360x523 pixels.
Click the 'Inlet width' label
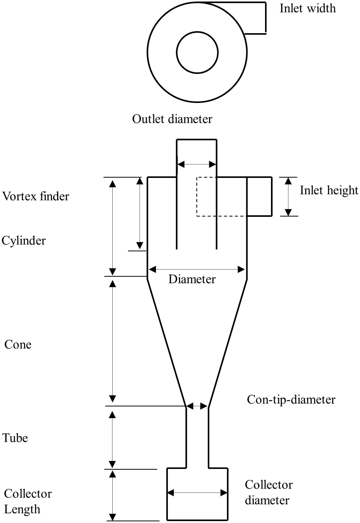pyautogui.click(x=307, y=8)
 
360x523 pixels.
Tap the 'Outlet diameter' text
pyautogui.click(x=172, y=119)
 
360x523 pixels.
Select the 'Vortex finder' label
pyautogui.click(x=35, y=196)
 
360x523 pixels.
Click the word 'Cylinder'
pyautogui.click(x=24, y=240)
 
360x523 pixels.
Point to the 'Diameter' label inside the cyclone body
pyautogui.click(x=192, y=279)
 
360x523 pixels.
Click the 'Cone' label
pyautogui.click(x=18, y=345)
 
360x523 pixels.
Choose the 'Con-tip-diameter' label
pyautogui.click(x=291, y=400)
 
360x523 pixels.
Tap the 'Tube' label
pyautogui.click(x=15, y=438)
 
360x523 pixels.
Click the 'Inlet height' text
pyautogui.click(x=329, y=190)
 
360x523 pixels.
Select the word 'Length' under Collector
pyautogui.click(x=22, y=509)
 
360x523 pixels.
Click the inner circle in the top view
pyautogui.click(x=197, y=52)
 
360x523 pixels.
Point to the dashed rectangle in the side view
pyautogui.click(x=207, y=197)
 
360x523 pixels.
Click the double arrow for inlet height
pyautogui.click(x=288, y=197)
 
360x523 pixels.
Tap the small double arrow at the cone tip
pyautogui.click(x=197, y=406)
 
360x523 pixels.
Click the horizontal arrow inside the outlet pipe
pyautogui.click(x=197, y=164)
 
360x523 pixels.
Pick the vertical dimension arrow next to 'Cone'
pyautogui.click(x=112, y=341)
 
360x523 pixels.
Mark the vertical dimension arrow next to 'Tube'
pyautogui.click(x=112, y=439)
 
